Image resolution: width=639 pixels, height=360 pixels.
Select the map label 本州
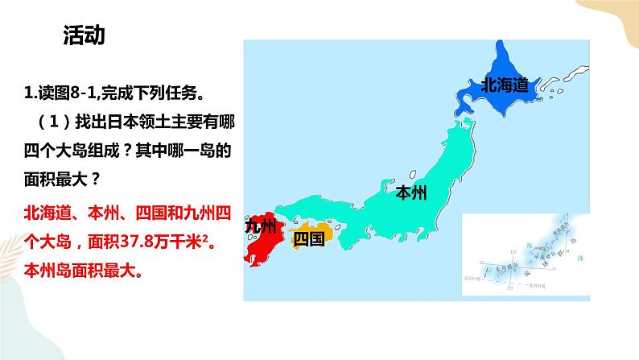click(411, 192)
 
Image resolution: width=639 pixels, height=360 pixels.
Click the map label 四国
click(309, 238)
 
